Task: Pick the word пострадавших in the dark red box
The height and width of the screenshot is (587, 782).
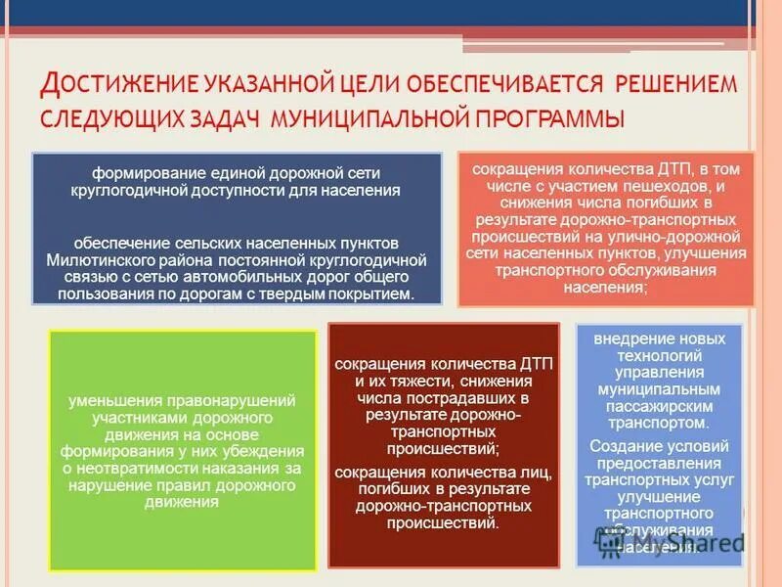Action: [459, 399]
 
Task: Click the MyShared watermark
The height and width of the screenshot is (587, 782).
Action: [684, 540]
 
